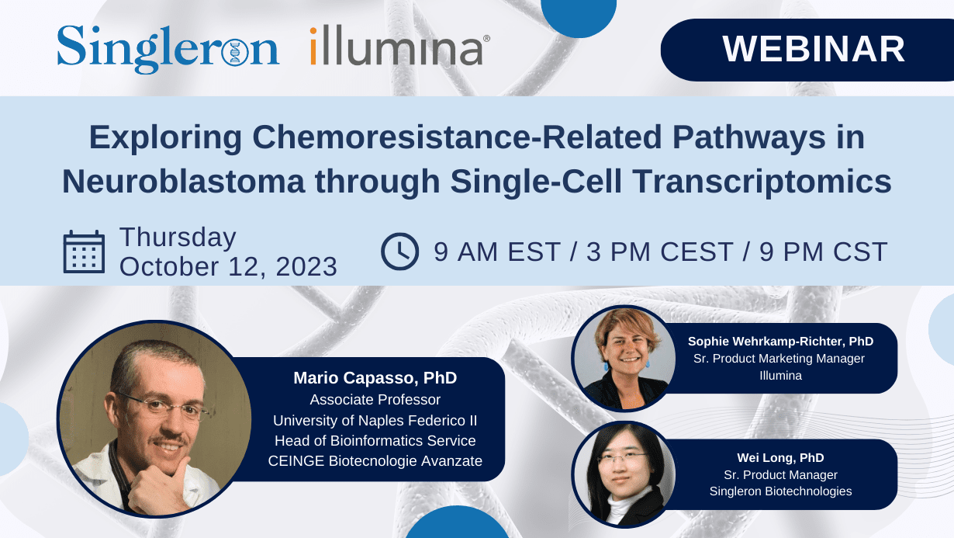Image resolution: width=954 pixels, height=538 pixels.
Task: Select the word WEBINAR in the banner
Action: coord(814,49)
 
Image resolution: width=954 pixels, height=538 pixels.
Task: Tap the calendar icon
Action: coord(83,252)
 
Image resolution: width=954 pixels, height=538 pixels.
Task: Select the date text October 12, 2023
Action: coord(228,266)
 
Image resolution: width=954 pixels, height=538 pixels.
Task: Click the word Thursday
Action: coord(178,237)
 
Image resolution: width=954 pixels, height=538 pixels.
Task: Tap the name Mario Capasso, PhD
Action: coord(375,378)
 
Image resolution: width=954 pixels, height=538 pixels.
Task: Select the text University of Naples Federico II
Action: coord(375,420)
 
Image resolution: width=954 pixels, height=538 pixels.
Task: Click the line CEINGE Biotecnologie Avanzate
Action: coord(375,461)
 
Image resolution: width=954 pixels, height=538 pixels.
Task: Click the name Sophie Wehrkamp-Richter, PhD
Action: coord(780,341)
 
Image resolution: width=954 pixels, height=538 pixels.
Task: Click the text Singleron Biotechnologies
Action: coord(780,491)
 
